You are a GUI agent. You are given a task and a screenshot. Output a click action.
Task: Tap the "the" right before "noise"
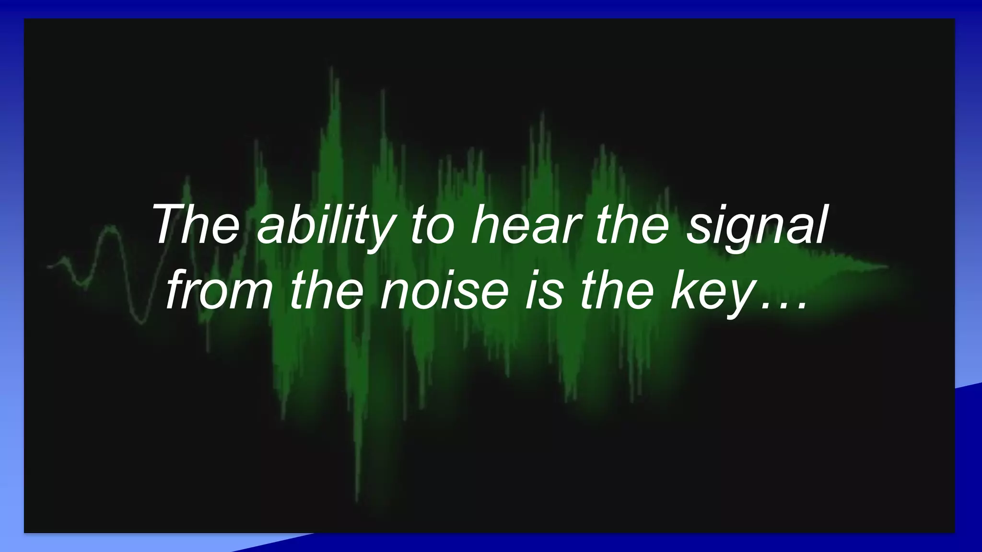coord(327,289)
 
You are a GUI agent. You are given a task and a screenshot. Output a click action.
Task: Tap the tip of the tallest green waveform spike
coord(331,68)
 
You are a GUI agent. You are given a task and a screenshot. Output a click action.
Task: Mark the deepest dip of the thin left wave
coord(141,323)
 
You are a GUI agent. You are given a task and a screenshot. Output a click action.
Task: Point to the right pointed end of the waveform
coord(888,266)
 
